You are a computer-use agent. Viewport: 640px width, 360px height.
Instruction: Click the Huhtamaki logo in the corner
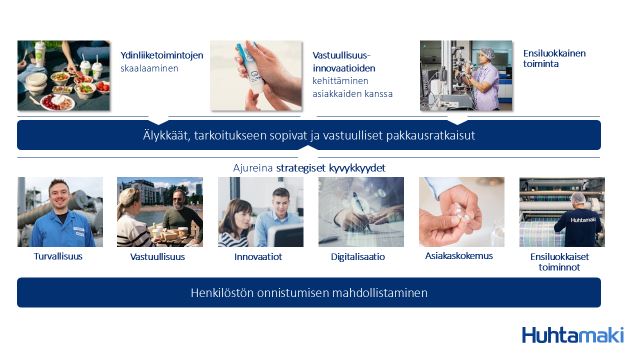pos(573,335)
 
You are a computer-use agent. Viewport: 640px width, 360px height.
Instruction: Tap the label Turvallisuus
pos(58,256)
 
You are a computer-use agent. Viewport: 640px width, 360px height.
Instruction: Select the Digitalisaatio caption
pos(357,257)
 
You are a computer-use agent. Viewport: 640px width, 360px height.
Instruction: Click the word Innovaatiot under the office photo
pos(258,257)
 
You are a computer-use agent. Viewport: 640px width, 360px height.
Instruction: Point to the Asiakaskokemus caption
pos(459,255)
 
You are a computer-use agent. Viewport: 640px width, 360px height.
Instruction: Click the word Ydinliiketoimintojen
pos(161,55)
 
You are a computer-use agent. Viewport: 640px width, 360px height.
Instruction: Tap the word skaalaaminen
pos(149,68)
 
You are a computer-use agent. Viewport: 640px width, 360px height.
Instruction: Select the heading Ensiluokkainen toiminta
pos(554,58)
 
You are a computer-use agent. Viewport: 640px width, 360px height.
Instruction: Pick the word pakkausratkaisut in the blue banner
pos(430,135)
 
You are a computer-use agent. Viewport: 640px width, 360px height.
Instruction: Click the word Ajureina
pos(253,168)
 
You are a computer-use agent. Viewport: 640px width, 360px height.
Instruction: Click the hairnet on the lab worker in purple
pos(487,53)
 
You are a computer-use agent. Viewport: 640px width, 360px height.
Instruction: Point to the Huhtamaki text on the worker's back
pos(583,219)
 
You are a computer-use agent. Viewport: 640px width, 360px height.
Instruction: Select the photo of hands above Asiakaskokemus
pos(461,212)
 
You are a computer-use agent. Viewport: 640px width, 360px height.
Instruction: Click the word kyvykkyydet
pos(357,168)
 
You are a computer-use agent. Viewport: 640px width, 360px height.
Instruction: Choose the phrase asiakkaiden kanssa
pos(352,93)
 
